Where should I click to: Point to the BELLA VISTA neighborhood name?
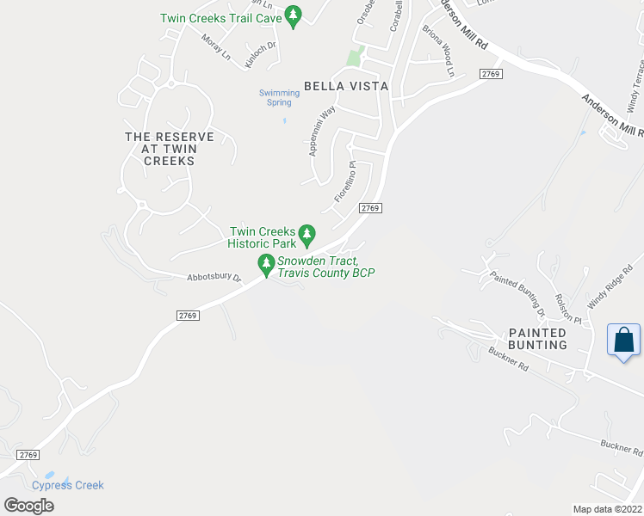pyautogui.click(x=346, y=86)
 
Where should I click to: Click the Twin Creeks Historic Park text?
pyautogui.click(x=262, y=236)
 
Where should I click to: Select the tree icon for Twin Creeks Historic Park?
pyautogui.click(x=307, y=233)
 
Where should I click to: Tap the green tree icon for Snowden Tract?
pyautogui.click(x=265, y=262)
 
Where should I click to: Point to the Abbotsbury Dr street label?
pyautogui.click(x=214, y=278)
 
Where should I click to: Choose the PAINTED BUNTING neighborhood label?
pyautogui.click(x=537, y=339)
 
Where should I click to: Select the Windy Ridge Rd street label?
pyautogui.click(x=604, y=287)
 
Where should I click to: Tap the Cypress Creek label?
pyautogui.click(x=68, y=485)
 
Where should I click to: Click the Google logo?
pyautogui.click(x=28, y=505)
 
